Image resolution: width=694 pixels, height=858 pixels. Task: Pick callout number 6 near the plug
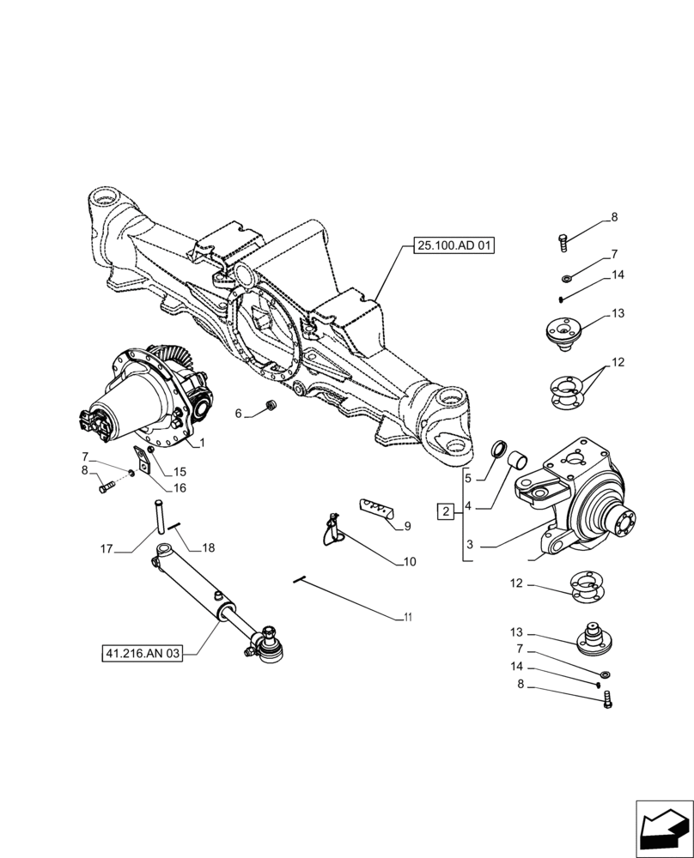point(239,414)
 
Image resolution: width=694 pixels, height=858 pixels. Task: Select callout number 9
point(407,526)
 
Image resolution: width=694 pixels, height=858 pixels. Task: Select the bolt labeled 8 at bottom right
point(608,700)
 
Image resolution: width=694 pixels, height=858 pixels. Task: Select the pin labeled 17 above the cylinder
point(160,517)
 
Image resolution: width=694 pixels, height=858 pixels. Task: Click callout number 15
point(180,471)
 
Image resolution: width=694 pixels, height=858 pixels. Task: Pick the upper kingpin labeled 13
point(565,331)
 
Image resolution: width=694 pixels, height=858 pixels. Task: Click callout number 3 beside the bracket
point(470,545)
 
